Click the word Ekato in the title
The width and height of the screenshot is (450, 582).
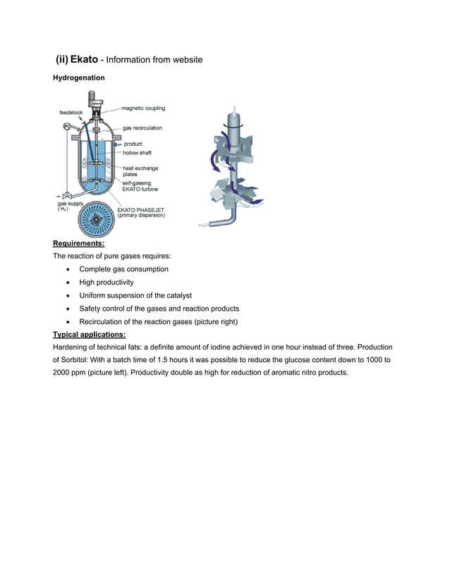(84, 60)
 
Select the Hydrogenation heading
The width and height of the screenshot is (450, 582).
(79, 78)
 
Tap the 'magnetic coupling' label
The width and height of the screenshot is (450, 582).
(143, 109)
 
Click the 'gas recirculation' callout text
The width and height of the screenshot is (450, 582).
(142, 128)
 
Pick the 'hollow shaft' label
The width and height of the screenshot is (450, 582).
(137, 152)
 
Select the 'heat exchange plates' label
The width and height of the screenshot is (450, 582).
(140, 171)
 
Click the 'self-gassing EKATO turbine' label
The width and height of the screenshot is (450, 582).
(140, 187)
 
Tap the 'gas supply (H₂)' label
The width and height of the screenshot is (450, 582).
(70, 206)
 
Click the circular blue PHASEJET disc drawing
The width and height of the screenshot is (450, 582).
(94, 221)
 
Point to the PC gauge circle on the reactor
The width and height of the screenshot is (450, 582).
(67, 126)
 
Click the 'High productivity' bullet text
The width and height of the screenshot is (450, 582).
(106, 282)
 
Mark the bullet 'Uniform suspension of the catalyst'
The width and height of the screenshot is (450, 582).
(135, 295)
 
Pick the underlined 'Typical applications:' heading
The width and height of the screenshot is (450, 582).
(90, 335)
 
